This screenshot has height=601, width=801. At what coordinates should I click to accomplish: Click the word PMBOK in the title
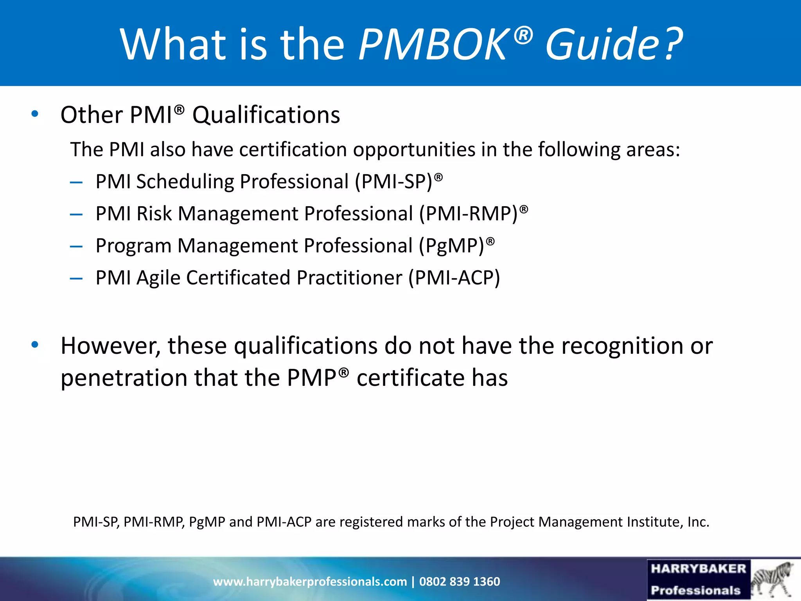[x=433, y=44]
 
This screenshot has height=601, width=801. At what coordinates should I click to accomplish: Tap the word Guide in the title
[x=603, y=44]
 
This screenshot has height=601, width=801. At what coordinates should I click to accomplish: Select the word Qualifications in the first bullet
[x=266, y=115]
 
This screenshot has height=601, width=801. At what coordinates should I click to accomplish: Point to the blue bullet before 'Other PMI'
[x=35, y=114]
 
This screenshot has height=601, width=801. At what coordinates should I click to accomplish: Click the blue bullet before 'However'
[x=35, y=345]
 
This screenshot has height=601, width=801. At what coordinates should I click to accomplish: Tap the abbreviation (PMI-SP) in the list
[x=393, y=182]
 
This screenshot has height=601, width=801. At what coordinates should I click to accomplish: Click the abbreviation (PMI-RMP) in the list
[x=469, y=214]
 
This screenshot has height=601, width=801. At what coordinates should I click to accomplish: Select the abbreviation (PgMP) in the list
[x=452, y=246]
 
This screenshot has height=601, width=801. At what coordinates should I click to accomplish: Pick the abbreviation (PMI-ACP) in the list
[x=454, y=278]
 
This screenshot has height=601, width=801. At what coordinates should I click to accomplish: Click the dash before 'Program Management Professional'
[x=76, y=247]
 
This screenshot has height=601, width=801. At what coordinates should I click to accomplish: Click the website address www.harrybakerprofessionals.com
[x=310, y=581]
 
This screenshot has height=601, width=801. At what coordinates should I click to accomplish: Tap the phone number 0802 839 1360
[x=460, y=581]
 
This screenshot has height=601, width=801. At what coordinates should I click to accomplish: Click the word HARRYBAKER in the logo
[x=699, y=569]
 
